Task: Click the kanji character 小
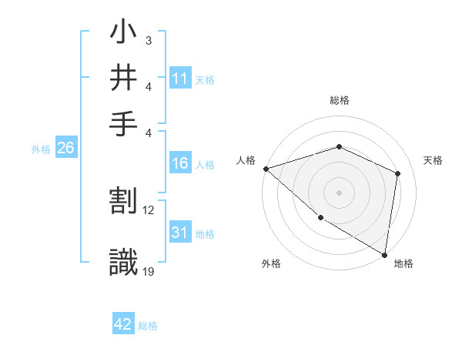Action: [124, 34]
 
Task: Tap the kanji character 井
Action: [124, 79]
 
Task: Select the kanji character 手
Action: [124, 123]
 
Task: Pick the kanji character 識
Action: [124, 261]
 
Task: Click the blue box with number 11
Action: [180, 79]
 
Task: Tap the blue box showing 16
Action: [180, 163]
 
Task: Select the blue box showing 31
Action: [180, 233]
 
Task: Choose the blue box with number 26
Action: [65, 149]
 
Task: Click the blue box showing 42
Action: [123, 325]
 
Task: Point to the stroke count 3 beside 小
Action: [148, 39]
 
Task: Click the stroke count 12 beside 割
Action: [149, 209]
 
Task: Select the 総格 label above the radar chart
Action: [339, 101]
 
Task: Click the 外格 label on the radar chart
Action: [271, 263]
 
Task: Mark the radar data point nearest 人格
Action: [266, 169]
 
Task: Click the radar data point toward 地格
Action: [384, 254]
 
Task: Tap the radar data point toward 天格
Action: [397, 173]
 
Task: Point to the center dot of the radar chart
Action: [339, 192]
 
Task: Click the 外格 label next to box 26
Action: [40, 149]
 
